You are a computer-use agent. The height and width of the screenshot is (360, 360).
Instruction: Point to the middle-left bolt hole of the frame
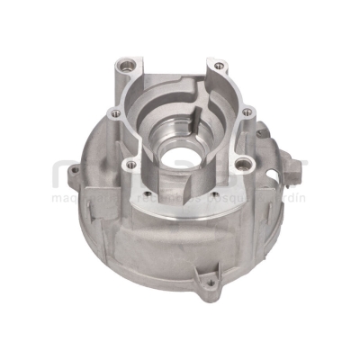coord(115,113)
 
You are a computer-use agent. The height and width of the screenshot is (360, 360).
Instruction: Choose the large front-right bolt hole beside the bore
coord(240,165)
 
